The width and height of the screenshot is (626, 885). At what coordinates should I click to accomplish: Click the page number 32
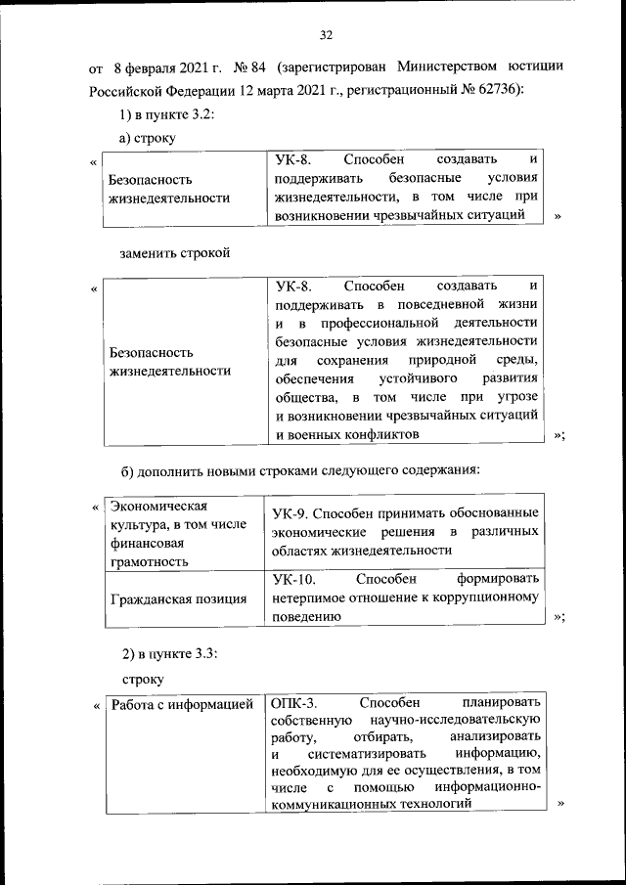coord(327,36)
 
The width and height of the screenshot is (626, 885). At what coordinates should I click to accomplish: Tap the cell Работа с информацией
coord(182,703)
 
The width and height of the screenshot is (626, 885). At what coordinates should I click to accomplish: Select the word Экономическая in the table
coord(160,506)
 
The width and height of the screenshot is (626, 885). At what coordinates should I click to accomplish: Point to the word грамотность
coord(151,562)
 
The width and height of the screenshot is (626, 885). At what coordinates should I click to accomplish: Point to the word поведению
coord(308,617)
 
